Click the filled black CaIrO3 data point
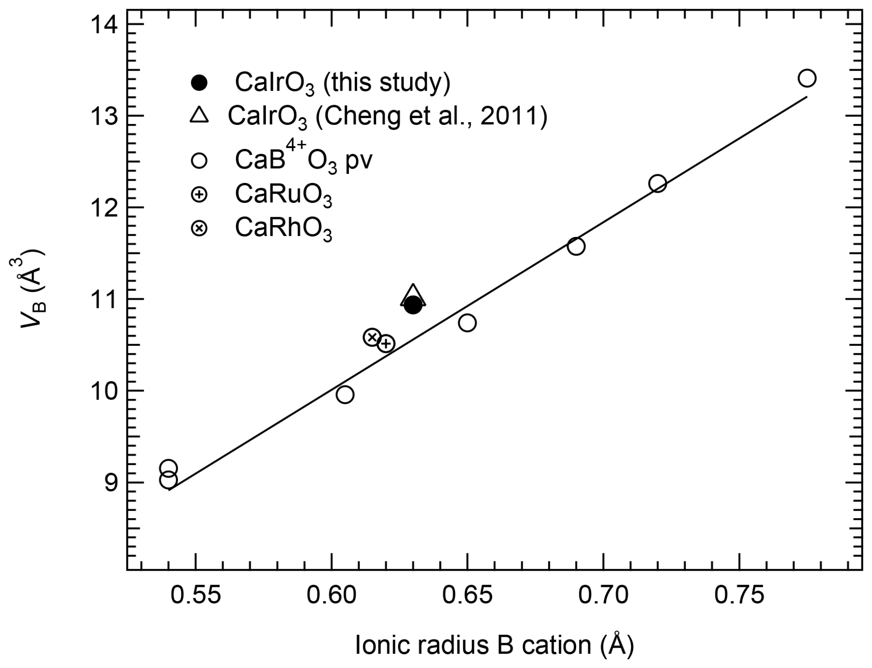pyautogui.click(x=412, y=305)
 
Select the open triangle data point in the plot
pyautogui.click(x=413, y=296)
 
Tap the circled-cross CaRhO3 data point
pyautogui.click(x=372, y=337)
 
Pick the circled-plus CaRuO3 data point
pyautogui.click(x=386, y=343)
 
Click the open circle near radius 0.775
pyautogui.click(x=807, y=78)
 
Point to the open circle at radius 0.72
pyautogui.click(x=657, y=183)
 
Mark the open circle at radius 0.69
pyautogui.click(x=576, y=247)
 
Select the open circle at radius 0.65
pyautogui.click(x=467, y=323)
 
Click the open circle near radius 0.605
pyautogui.click(x=345, y=395)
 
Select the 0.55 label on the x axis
pyautogui.click(x=196, y=595)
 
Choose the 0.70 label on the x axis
pyautogui.click(x=603, y=595)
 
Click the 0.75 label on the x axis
pyautogui.click(x=739, y=595)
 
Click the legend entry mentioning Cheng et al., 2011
pyautogui.click(x=387, y=117)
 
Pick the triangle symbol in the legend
pyautogui.click(x=199, y=115)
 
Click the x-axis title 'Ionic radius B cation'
pyautogui.click(x=494, y=645)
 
